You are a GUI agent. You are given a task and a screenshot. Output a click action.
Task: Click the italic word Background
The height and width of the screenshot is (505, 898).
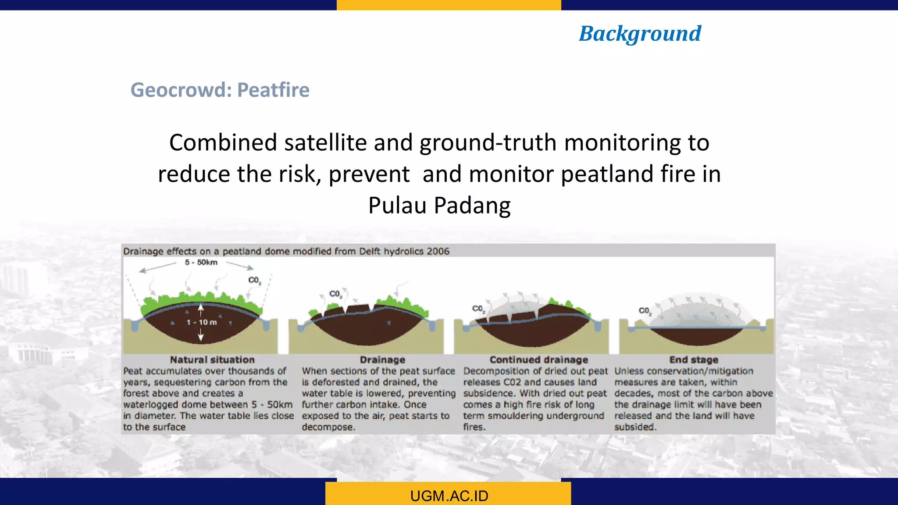point(640,34)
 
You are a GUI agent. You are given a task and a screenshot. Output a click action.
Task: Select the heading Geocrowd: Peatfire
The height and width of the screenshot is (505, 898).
point(220,90)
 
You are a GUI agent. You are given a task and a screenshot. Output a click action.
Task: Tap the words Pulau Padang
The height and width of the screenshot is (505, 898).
point(439,205)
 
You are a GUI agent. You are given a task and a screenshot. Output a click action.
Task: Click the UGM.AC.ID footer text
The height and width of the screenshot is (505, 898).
point(449,496)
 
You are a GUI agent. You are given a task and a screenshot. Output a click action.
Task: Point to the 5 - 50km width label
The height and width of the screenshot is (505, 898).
point(201,262)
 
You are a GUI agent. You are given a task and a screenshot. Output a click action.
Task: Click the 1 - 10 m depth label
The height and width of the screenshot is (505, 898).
point(202,322)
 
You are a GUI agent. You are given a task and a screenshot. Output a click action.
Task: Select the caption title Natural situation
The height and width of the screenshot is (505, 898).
point(212,360)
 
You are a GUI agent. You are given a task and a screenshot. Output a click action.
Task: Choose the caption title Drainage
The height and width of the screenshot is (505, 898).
point(382,360)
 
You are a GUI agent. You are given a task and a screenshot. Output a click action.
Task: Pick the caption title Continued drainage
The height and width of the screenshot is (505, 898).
point(538,360)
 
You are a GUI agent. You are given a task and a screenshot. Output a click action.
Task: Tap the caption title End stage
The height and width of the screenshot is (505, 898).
point(694,360)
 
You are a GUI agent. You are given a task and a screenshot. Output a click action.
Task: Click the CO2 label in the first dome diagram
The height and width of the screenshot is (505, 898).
point(254,280)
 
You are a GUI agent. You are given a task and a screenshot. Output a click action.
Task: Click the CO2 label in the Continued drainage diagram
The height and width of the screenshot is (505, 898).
point(478,309)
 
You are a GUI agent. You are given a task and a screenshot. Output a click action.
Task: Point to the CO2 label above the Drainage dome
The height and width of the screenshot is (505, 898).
point(335,294)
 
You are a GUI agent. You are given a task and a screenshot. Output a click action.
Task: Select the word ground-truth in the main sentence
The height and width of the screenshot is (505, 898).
point(488,142)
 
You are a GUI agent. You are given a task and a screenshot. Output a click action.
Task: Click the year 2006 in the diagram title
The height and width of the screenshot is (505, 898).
point(438,251)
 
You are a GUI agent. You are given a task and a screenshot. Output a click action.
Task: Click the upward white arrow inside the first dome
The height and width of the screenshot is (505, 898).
point(201,310)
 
